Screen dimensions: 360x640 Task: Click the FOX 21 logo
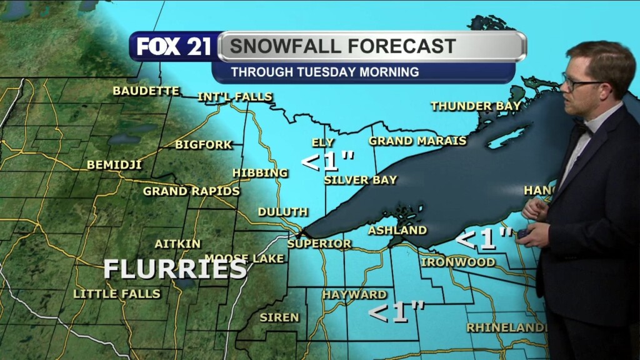pyautogui.click(x=173, y=47)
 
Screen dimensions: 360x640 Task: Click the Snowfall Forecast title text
pyautogui.click(x=342, y=46)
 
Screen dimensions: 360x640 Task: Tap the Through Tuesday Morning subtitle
pyautogui.click(x=324, y=72)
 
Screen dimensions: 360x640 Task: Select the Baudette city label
pyautogui.click(x=146, y=91)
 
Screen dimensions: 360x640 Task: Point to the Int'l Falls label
pyautogui.click(x=234, y=97)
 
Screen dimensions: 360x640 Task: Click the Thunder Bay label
pyautogui.click(x=475, y=106)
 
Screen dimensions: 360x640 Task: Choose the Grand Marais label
pyautogui.click(x=417, y=141)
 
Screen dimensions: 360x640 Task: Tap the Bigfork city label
pyautogui.click(x=203, y=145)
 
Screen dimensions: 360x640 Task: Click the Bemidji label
pyautogui.click(x=114, y=165)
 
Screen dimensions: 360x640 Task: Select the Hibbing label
pyautogui.click(x=260, y=172)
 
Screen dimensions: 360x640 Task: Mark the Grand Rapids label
pyautogui.click(x=191, y=191)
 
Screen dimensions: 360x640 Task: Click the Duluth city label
pyautogui.click(x=282, y=212)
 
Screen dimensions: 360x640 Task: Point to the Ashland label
pyautogui.click(x=397, y=230)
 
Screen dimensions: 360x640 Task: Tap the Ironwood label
pyautogui.click(x=457, y=262)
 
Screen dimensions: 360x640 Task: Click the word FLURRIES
pyautogui.click(x=174, y=269)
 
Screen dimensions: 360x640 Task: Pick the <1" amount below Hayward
pyautogui.click(x=396, y=312)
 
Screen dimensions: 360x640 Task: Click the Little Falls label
pyautogui.click(x=117, y=293)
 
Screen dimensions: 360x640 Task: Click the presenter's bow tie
pyautogui.click(x=582, y=128)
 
